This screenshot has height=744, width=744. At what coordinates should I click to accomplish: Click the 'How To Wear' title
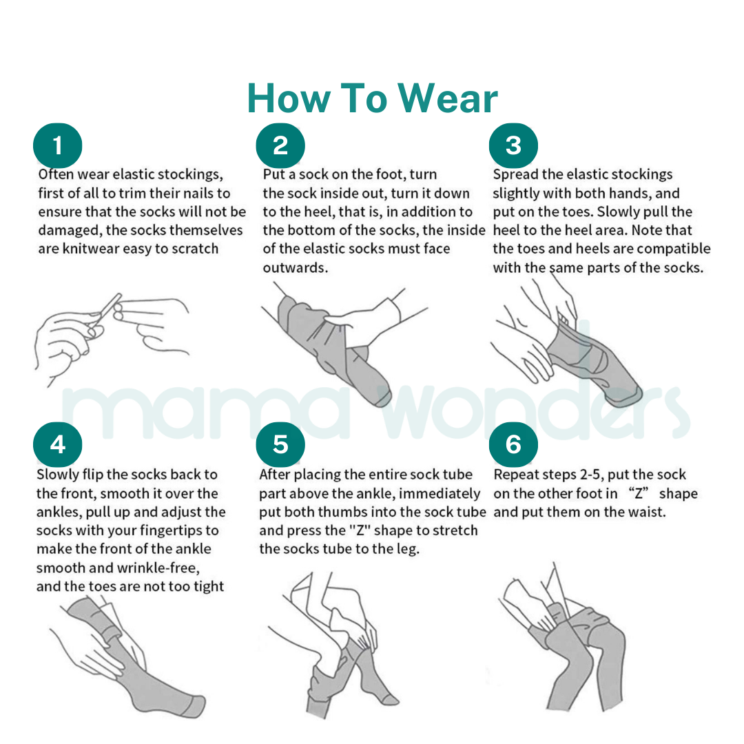coord(372,99)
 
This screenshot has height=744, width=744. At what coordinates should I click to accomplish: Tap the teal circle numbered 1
coord(58,146)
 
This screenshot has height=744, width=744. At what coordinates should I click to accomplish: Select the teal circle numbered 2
coord(280,146)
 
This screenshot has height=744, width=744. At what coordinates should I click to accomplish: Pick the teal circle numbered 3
coord(513,146)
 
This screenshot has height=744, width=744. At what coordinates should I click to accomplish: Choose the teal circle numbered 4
coord(58,445)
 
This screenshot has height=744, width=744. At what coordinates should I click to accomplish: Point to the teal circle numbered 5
coord(280,445)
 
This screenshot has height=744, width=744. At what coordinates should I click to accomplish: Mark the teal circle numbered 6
coord(513,445)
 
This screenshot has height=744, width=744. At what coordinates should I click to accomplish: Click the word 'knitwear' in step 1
coord(90,249)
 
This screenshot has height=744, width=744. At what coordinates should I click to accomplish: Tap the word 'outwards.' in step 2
coord(296,267)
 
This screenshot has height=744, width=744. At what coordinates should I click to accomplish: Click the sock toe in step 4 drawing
coord(193,704)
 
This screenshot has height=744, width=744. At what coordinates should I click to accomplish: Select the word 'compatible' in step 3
coord(673,249)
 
